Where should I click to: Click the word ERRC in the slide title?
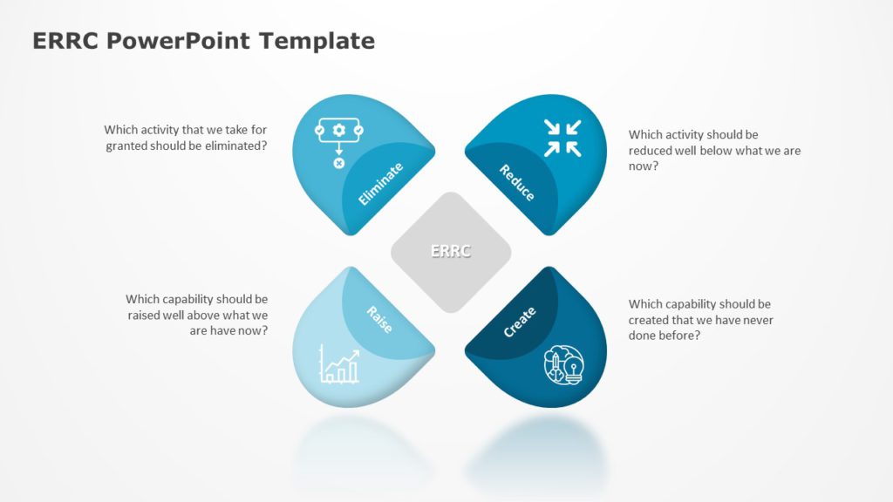61,41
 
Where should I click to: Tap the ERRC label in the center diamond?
451,251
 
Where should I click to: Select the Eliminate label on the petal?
381,184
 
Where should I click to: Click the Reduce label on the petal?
517,182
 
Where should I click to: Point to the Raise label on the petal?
379,319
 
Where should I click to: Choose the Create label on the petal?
520,322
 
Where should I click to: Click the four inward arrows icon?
562,138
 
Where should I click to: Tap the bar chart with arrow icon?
339,364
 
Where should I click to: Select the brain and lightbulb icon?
564,365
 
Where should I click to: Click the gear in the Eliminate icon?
339,131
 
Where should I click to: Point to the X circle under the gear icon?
339,163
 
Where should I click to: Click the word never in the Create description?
755,320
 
